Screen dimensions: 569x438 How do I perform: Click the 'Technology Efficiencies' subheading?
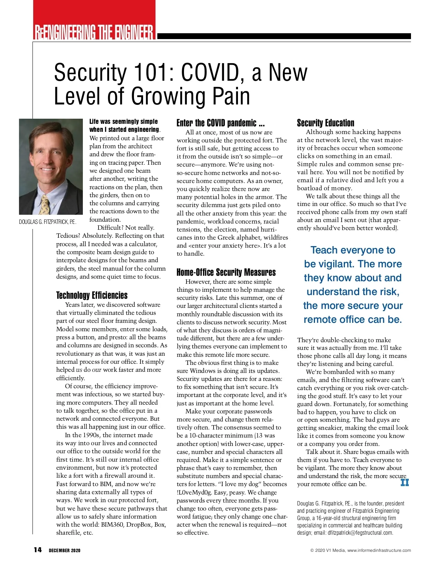pos(92,295)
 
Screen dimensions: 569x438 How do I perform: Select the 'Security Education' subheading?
pos(325,123)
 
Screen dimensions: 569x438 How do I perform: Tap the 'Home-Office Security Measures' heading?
pos(226,272)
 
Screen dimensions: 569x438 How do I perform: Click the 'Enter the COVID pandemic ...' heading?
pos(220,123)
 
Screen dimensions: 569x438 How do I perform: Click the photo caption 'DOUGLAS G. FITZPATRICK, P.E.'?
pos(47,222)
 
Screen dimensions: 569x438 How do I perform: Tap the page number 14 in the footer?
pos(38,550)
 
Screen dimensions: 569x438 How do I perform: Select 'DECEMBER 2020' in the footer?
pos(65,550)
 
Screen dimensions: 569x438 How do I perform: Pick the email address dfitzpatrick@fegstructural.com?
pos(360,532)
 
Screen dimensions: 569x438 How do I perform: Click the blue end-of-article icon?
pos(404,482)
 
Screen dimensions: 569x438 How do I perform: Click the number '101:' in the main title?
pos(154,73)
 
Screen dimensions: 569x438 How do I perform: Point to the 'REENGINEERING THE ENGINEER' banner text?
pos(94,32)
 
